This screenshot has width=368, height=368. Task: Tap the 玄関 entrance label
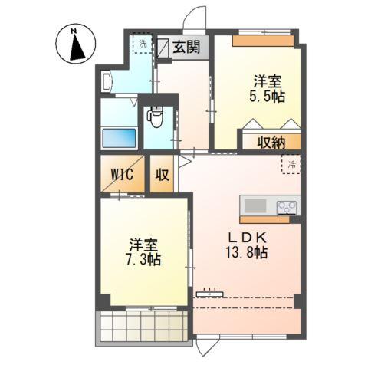coord(185,47)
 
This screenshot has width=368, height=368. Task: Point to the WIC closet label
coord(121,174)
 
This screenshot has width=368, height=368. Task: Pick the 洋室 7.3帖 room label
coord(144,252)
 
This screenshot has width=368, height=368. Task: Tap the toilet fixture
coord(155,118)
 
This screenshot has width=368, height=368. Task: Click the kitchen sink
coord(255,206)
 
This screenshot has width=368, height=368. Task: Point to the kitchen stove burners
coord(287,206)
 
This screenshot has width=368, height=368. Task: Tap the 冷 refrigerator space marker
coord(291,163)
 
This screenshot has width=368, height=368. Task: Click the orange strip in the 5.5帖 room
coord(263,41)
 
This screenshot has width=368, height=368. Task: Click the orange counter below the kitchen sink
coord(264,220)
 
